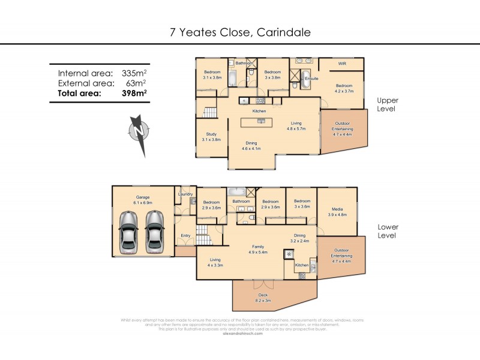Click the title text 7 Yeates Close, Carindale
tap(240, 32)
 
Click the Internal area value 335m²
tap(133, 73)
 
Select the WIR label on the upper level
tap(342, 63)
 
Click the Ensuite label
tap(311, 79)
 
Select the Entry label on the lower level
tap(185, 235)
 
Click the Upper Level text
tap(388, 104)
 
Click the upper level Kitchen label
tap(259, 111)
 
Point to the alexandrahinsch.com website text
tap(239, 334)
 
